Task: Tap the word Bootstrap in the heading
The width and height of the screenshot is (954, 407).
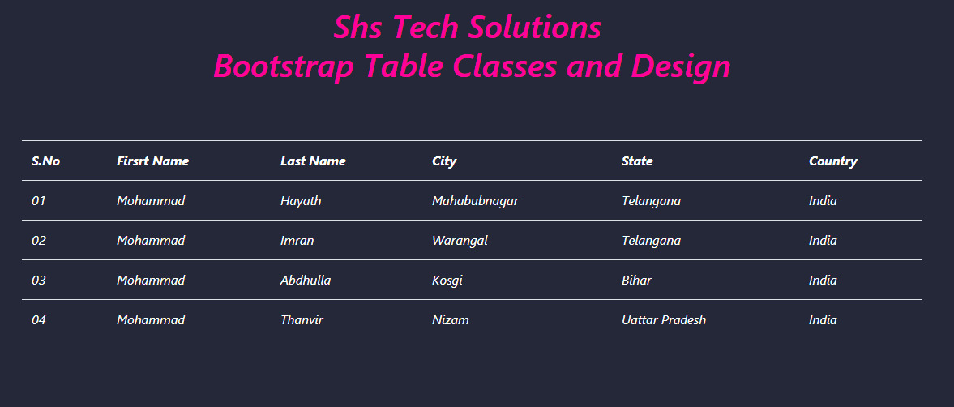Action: click(284, 67)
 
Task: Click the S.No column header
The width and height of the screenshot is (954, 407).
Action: click(45, 161)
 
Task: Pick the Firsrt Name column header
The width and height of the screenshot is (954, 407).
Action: click(152, 161)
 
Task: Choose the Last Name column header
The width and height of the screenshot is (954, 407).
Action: click(313, 161)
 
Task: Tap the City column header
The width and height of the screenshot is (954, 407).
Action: click(444, 162)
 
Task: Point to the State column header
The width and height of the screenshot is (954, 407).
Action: click(637, 161)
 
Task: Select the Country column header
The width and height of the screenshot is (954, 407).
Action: click(833, 162)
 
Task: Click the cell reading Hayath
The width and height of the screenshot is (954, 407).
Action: click(301, 201)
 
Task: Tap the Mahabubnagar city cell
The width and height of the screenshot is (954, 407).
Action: click(475, 201)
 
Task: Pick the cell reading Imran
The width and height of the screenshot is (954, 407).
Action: click(297, 241)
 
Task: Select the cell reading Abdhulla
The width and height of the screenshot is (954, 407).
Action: click(306, 281)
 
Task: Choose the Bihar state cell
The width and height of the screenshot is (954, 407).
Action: click(636, 281)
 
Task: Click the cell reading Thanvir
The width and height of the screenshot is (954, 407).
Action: click(302, 320)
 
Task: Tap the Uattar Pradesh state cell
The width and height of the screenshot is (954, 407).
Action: click(664, 320)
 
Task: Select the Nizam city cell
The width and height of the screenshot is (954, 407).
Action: click(450, 320)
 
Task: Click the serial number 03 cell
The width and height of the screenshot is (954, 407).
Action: click(38, 281)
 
